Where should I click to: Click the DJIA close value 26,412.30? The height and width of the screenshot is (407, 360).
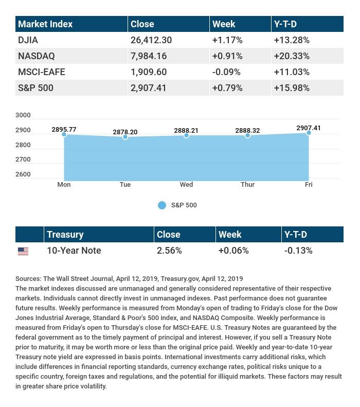pyautogui.click(x=151, y=40)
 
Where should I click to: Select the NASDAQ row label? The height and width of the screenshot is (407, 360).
pyautogui.click(x=37, y=56)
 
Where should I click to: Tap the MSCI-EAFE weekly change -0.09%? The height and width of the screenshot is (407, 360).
pyautogui.click(x=226, y=72)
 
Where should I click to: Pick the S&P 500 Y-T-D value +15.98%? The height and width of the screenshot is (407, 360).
pyautogui.click(x=292, y=88)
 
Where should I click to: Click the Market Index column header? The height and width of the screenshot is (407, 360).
pyautogui.click(x=45, y=24)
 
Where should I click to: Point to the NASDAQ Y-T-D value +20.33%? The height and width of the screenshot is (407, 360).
pyautogui.click(x=292, y=56)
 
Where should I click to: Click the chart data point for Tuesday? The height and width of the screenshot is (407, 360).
pyautogui.click(x=125, y=137)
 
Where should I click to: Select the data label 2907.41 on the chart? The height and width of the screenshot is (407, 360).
pyautogui.click(x=309, y=128)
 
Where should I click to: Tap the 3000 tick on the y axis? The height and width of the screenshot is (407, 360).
pyautogui.click(x=23, y=115)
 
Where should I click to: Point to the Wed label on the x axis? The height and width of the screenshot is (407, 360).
pyautogui.click(x=186, y=185)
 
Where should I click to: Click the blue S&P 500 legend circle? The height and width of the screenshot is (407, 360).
pyautogui.click(x=162, y=205)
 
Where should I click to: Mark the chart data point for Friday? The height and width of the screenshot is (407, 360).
pyautogui.click(x=309, y=133)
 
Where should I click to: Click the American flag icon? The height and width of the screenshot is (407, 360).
pyautogui.click(x=23, y=251)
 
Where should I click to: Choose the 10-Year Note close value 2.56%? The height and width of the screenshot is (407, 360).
pyautogui.click(x=169, y=251)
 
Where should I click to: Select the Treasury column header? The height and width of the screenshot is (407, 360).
pyautogui.click(x=65, y=235)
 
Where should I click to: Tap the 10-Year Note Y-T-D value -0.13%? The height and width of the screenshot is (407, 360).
pyautogui.click(x=298, y=251)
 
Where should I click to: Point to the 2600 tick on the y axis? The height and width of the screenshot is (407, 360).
pyautogui.click(x=23, y=174)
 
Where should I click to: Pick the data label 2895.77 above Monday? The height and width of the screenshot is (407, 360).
pyautogui.click(x=64, y=130)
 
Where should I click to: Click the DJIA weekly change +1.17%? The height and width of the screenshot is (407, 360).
pyautogui.click(x=227, y=40)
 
